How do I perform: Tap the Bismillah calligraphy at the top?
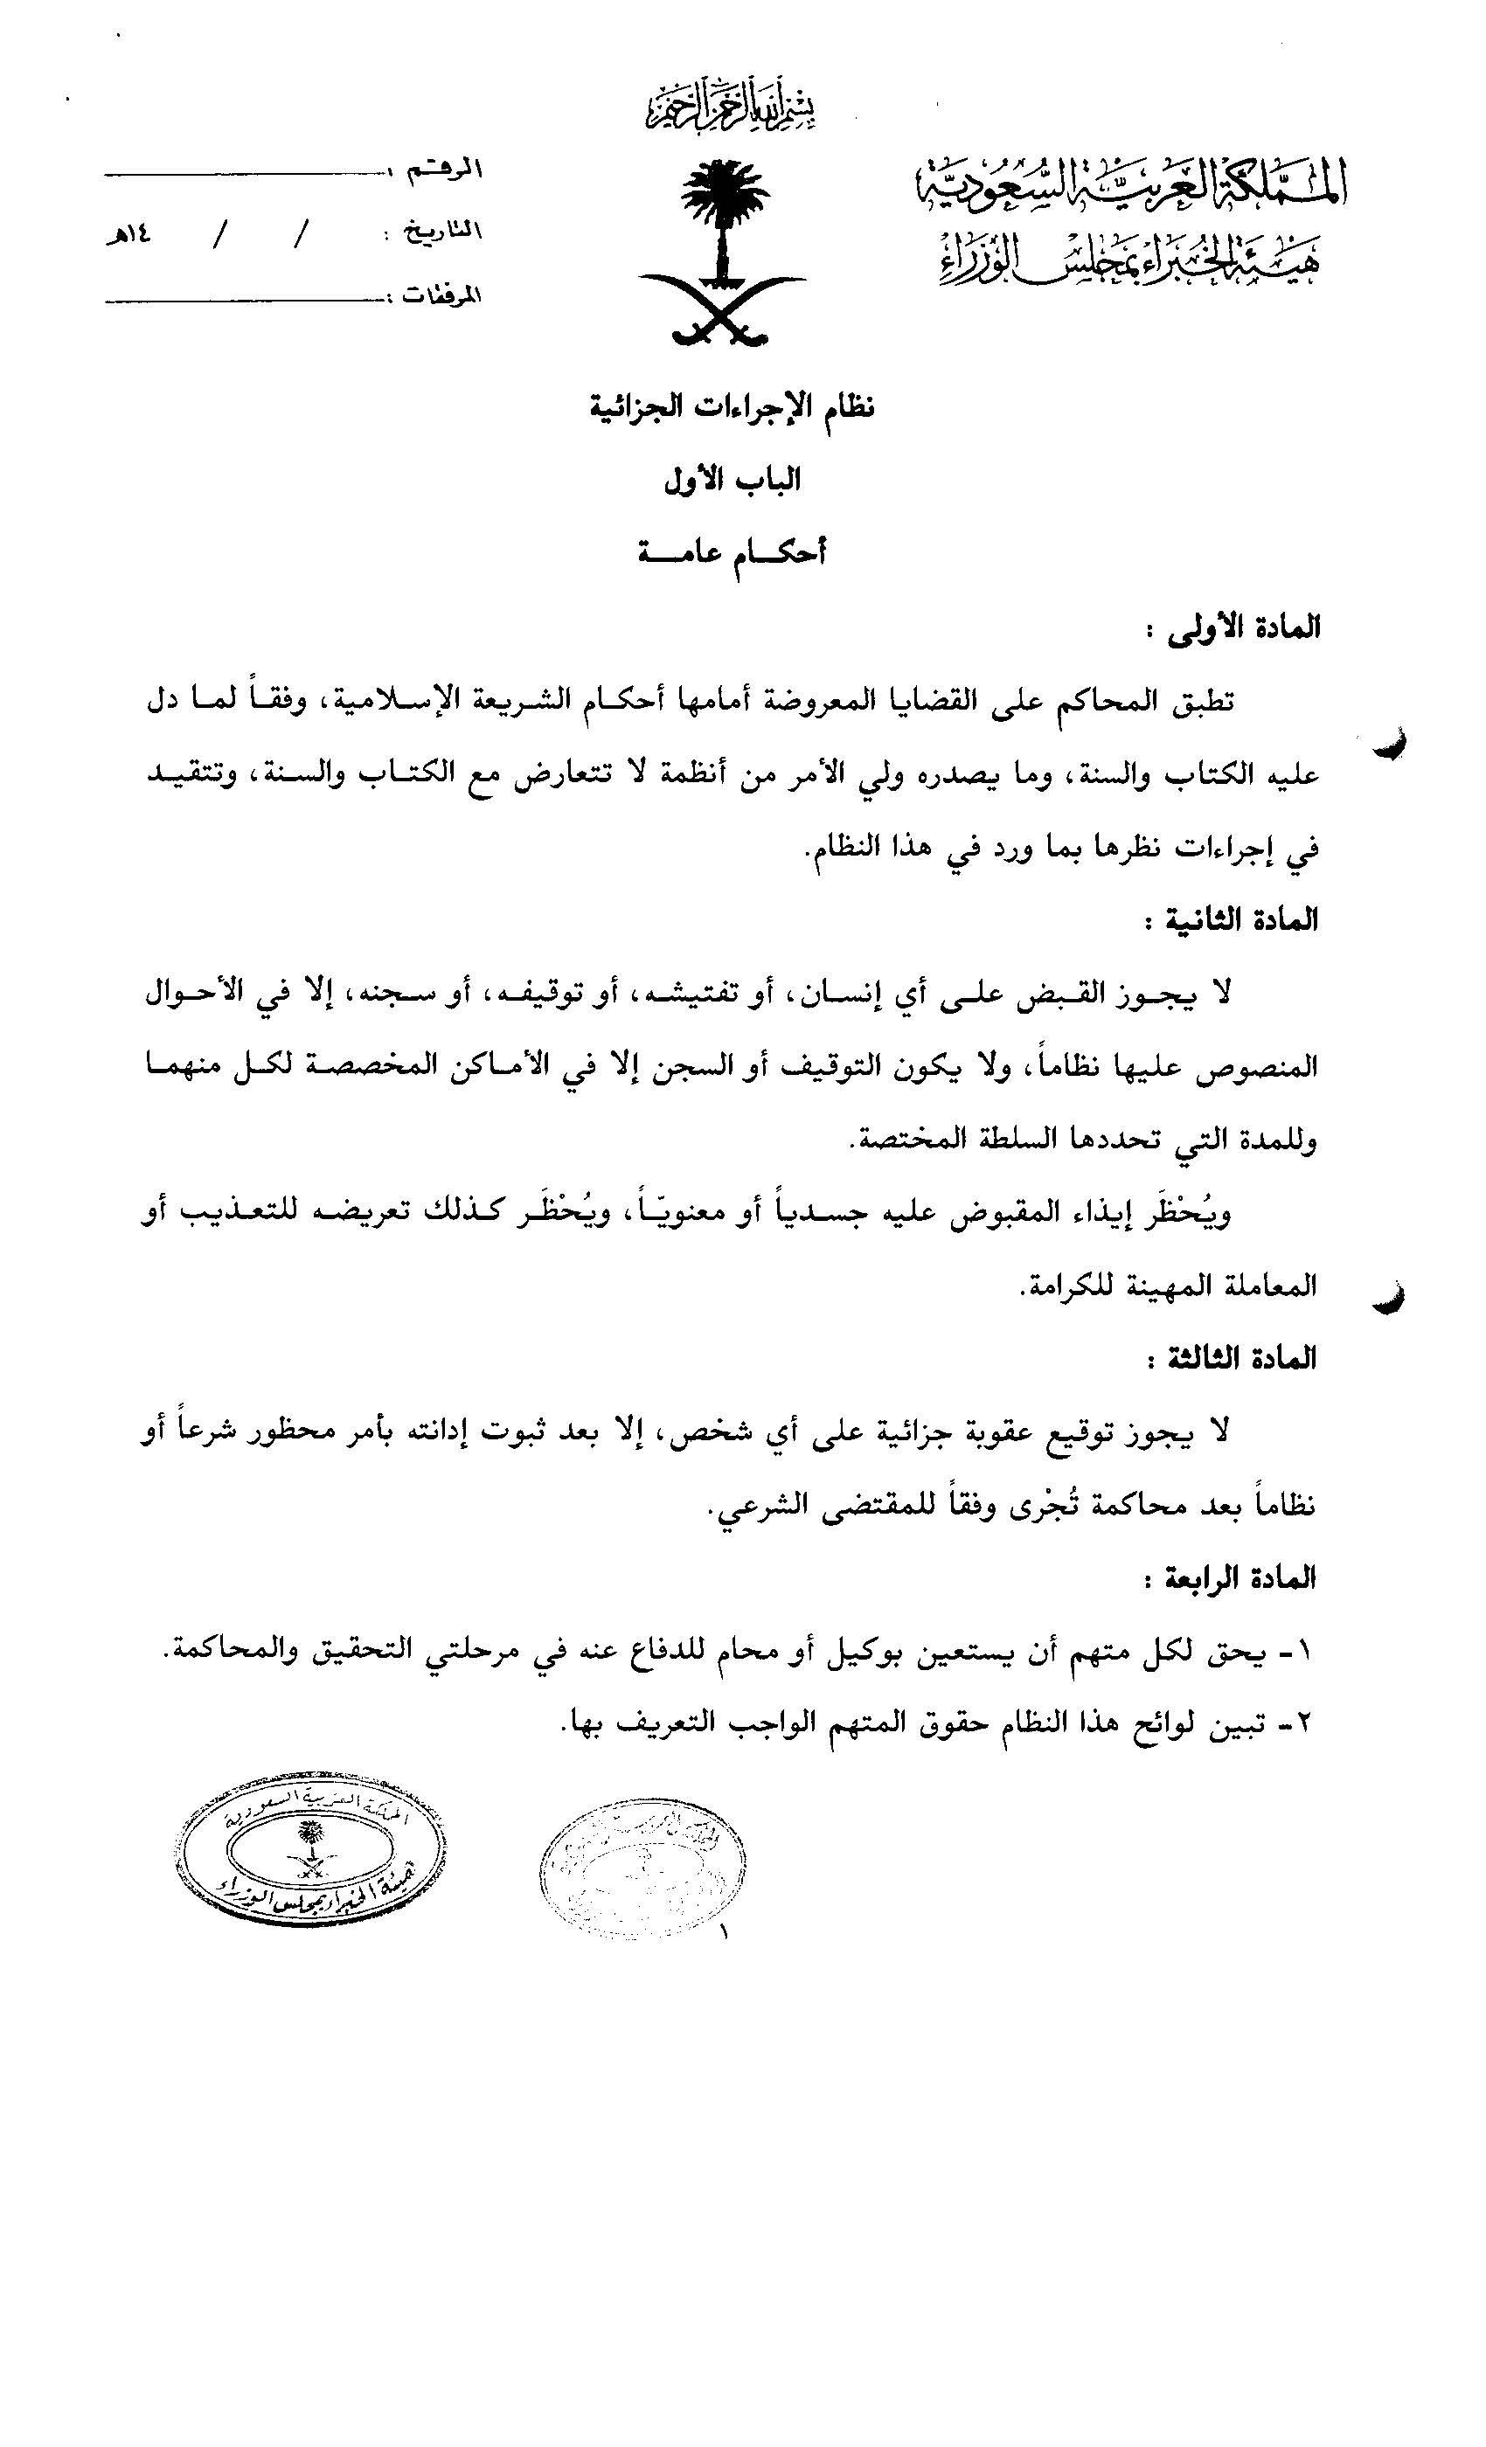[x=729, y=105]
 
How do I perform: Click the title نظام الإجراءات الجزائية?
[x=733, y=407]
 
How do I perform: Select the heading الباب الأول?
[x=733, y=481]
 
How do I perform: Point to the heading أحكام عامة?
[x=733, y=552]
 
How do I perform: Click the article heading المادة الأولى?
[x=1233, y=628]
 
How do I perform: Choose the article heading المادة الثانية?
[x=1231, y=920]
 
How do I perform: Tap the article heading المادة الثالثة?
[x=1232, y=1359]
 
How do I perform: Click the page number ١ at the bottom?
[x=723, y=1932]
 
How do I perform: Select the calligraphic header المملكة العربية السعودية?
[x=1129, y=184]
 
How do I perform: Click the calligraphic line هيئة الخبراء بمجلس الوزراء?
[x=1129, y=260]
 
